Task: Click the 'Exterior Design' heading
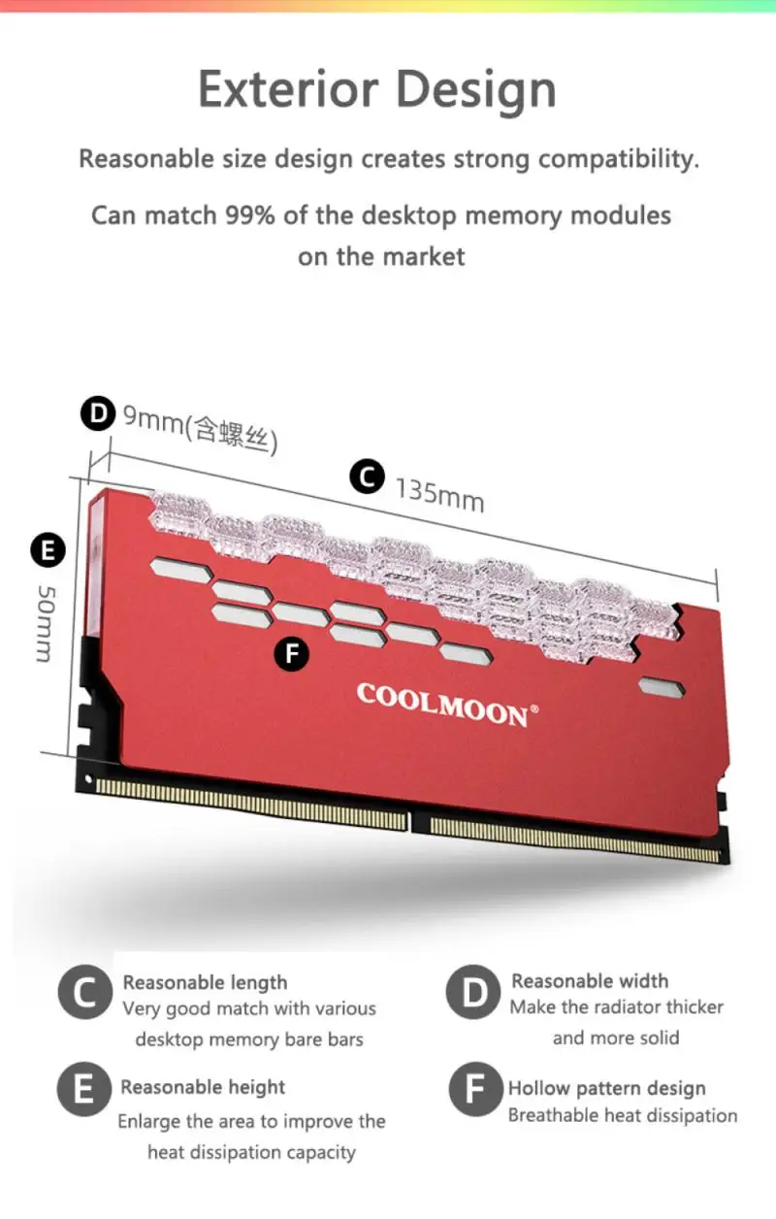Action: (x=377, y=89)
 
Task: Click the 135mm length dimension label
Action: (x=439, y=494)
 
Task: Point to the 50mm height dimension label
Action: (x=45, y=622)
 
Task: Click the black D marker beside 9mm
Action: (x=97, y=415)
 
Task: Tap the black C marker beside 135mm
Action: (x=367, y=477)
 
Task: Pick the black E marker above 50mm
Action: (x=47, y=551)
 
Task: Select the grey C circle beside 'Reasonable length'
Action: (x=84, y=994)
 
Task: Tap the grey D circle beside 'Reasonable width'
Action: (x=473, y=992)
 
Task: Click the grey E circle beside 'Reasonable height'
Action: (x=84, y=1090)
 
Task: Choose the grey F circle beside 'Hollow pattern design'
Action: (x=474, y=1090)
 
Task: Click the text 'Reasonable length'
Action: (x=205, y=983)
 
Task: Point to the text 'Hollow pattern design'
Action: (x=607, y=1088)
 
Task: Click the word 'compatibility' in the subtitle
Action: (x=617, y=158)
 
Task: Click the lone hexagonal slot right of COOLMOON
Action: (x=662, y=688)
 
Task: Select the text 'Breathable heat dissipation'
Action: (x=623, y=1115)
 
